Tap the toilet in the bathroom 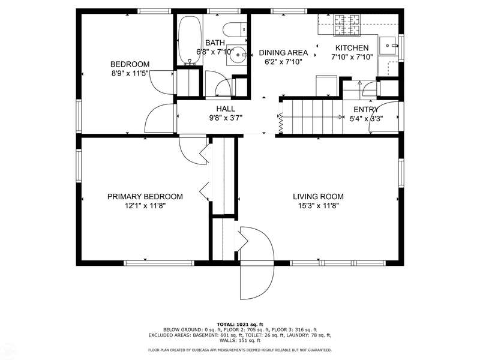click(x=235, y=29)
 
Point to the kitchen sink click(x=388, y=46)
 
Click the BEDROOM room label click(x=130, y=64)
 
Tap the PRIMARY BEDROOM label click(x=145, y=197)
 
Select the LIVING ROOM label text click(x=319, y=197)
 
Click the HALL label click(x=226, y=109)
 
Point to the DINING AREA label click(x=283, y=53)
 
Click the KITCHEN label click(x=352, y=48)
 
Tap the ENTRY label click(x=366, y=109)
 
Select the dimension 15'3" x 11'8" click(x=319, y=206)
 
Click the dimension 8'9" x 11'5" click(x=130, y=73)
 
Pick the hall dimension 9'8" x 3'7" click(x=226, y=118)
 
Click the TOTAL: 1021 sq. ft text click(x=240, y=324)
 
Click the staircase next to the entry click(x=312, y=116)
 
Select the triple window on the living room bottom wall click(x=338, y=263)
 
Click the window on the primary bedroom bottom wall click(x=159, y=263)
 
